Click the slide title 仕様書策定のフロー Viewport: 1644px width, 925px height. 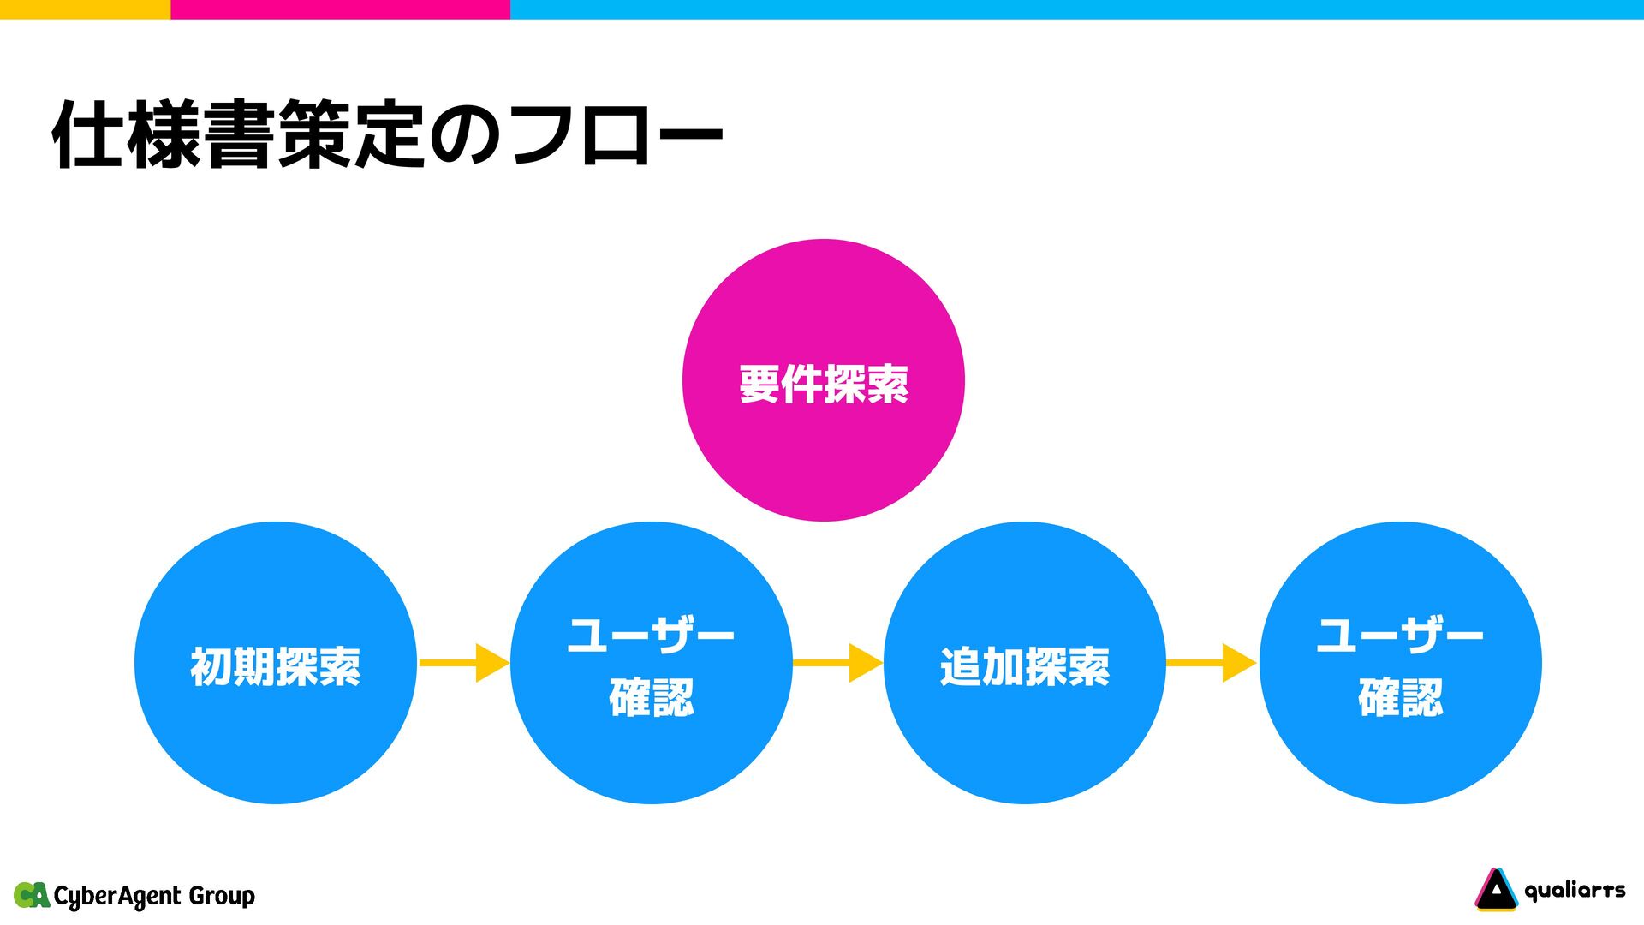[387, 135]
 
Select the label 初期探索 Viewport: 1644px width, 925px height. [275, 666]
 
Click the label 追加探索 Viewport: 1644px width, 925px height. [1024, 666]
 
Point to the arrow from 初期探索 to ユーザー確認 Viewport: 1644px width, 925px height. [463, 663]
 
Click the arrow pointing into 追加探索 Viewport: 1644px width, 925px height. [837, 663]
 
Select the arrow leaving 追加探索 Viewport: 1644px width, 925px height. [1211, 663]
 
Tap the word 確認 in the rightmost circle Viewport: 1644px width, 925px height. [1400, 697]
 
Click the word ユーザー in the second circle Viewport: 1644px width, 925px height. [651, 635]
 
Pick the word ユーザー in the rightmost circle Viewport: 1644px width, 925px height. [1400, 635]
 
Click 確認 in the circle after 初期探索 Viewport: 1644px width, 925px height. [651, 697]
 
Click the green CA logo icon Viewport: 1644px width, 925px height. [32, 895]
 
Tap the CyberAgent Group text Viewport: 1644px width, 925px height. [154, 896]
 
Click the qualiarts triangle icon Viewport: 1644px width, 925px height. [1495, 890]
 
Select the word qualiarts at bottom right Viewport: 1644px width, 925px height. [1575, 891]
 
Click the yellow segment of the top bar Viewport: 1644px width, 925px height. [85, 9]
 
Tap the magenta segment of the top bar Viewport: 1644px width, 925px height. [340, 9]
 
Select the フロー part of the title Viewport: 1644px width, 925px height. [616, 135]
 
